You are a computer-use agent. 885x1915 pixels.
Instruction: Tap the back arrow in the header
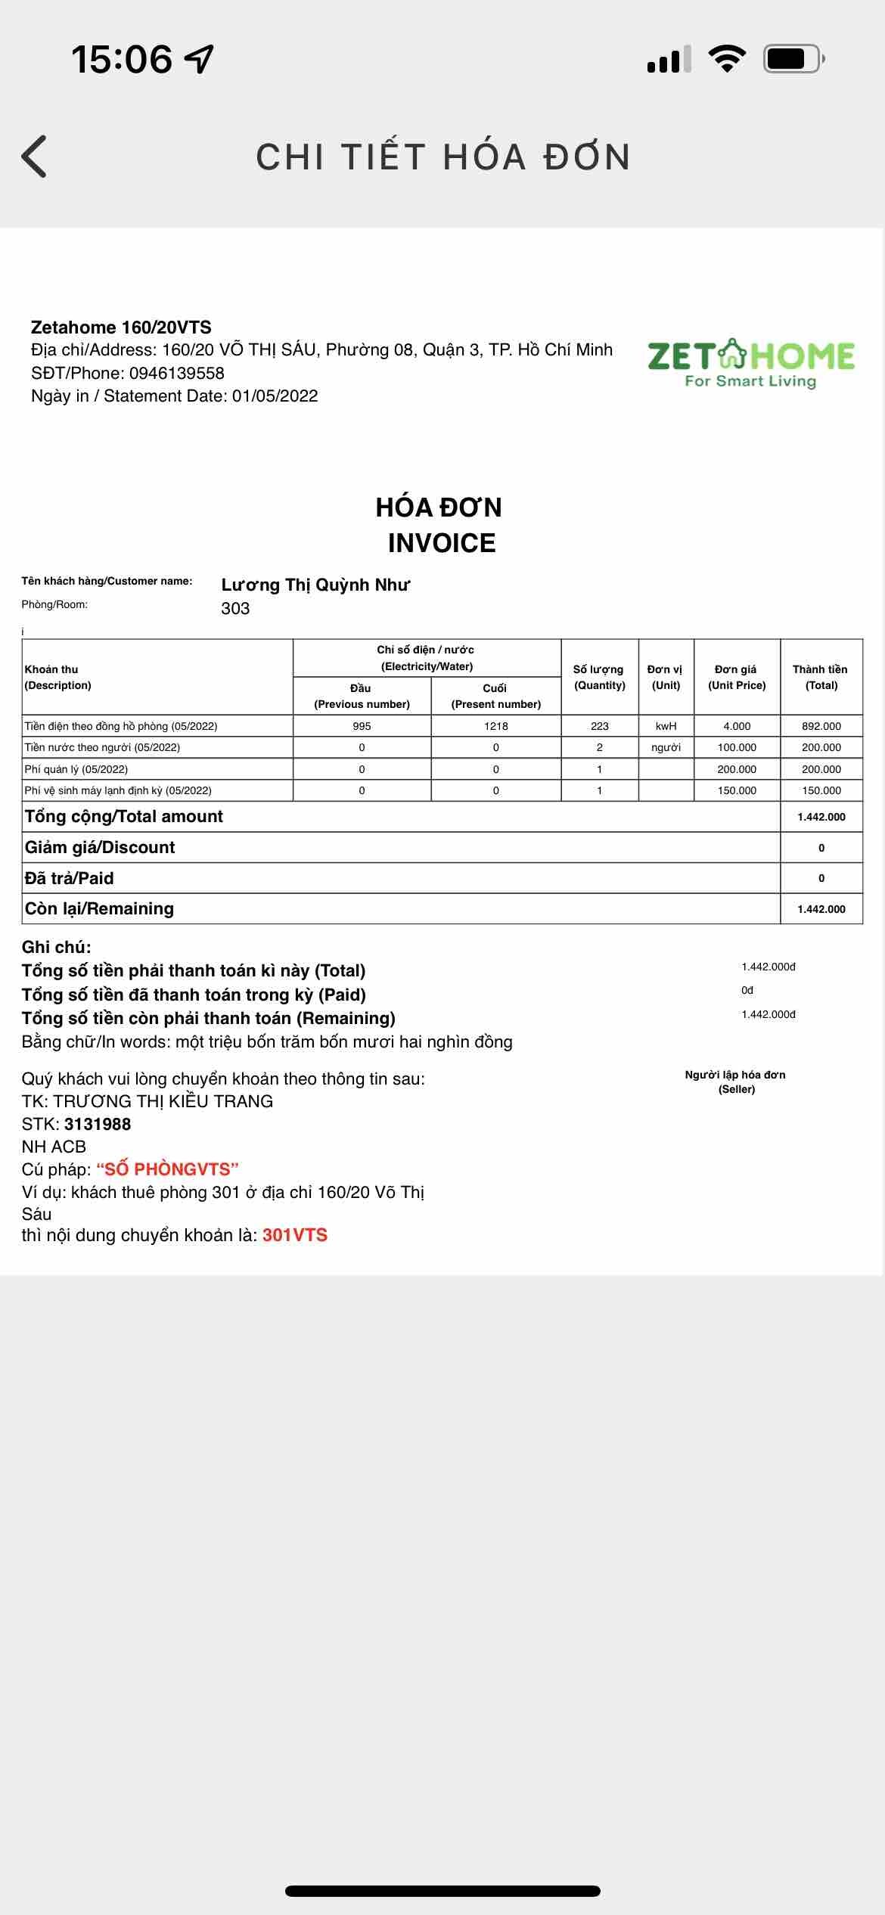tap(35, 157)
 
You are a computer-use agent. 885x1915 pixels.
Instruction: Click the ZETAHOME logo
tap(750, 364)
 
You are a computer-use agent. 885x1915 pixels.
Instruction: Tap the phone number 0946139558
tap(176, 373)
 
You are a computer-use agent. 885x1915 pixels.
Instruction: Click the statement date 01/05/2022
tap(275, 396)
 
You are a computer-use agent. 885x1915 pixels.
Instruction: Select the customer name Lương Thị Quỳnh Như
tap(315, 585)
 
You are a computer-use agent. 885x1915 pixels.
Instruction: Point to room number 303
tap(235, 608)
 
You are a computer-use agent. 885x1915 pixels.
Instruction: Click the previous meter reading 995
tap(362, 726)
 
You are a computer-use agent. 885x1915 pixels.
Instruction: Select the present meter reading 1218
tap(496, 726)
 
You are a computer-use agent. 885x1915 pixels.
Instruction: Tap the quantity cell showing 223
tap(600, 726)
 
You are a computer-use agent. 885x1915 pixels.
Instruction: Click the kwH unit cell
tap(666, 726)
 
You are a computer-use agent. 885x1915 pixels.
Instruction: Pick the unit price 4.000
tap(737, 726)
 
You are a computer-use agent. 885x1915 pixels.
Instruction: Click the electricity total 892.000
tap(821, 726)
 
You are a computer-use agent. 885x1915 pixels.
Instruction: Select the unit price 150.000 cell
tap(737, 790)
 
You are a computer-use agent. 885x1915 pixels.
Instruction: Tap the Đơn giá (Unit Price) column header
tap(737, 677)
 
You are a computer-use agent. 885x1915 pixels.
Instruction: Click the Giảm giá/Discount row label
tap(100, 847)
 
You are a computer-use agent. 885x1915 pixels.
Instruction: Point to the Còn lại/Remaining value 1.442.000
tap(821, 909)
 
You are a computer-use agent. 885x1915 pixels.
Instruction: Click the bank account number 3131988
tap(98, 1124)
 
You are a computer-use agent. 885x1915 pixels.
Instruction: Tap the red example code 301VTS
tap(295, 1235)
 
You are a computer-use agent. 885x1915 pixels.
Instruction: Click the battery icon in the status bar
tap(793, 59)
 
